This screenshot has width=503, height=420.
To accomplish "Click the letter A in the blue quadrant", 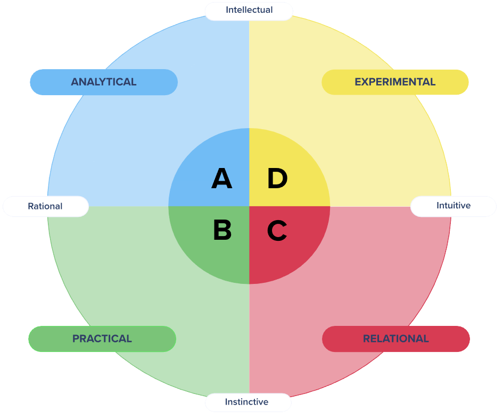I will [x=222, y=179].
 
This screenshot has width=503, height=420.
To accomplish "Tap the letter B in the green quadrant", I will [x=222, y=230].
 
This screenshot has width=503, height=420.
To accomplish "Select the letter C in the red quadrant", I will [x=277, y=230].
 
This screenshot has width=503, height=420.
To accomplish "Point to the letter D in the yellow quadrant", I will [x=277, y=179].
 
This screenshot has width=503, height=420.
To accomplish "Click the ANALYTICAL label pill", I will [x=103, y=82].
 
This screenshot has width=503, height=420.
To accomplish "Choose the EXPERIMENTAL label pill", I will [x=395, y=82].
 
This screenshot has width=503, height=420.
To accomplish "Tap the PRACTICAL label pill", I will [x=102, y=339].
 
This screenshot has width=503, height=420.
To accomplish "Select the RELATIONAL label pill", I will [x=395, y=339].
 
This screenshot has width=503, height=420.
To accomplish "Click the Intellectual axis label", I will [x=249, y=10].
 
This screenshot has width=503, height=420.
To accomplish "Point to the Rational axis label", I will [x=45, y=206].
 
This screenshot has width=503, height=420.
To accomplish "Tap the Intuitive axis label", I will [x=453, y=205].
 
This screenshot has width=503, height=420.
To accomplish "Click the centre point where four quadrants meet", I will [x=249, y=206].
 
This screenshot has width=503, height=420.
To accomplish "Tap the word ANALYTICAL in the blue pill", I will [x=103, y=82].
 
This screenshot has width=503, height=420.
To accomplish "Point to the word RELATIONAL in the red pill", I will [x=395, y=339].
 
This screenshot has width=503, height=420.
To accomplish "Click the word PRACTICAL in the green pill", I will [x=102, y=339].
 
